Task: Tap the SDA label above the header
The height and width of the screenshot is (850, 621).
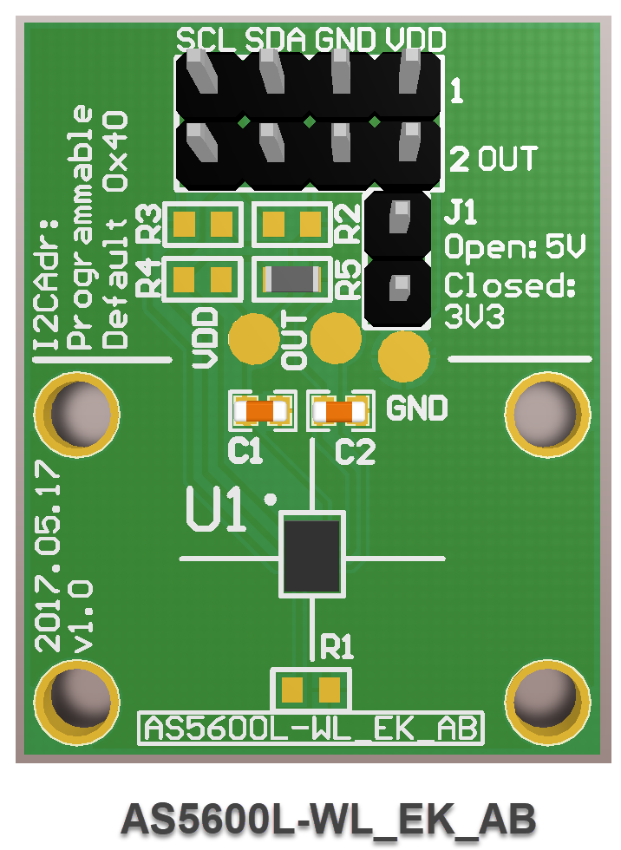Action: pos(276,38)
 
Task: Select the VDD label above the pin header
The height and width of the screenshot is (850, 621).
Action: pos(415,38)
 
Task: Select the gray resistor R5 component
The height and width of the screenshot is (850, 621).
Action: pos(291,278)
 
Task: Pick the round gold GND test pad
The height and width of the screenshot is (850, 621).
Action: pos(404,356)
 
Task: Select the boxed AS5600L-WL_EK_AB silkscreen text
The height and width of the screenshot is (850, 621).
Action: pos(311,728)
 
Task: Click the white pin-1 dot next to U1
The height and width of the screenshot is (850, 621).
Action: pos(271,500)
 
